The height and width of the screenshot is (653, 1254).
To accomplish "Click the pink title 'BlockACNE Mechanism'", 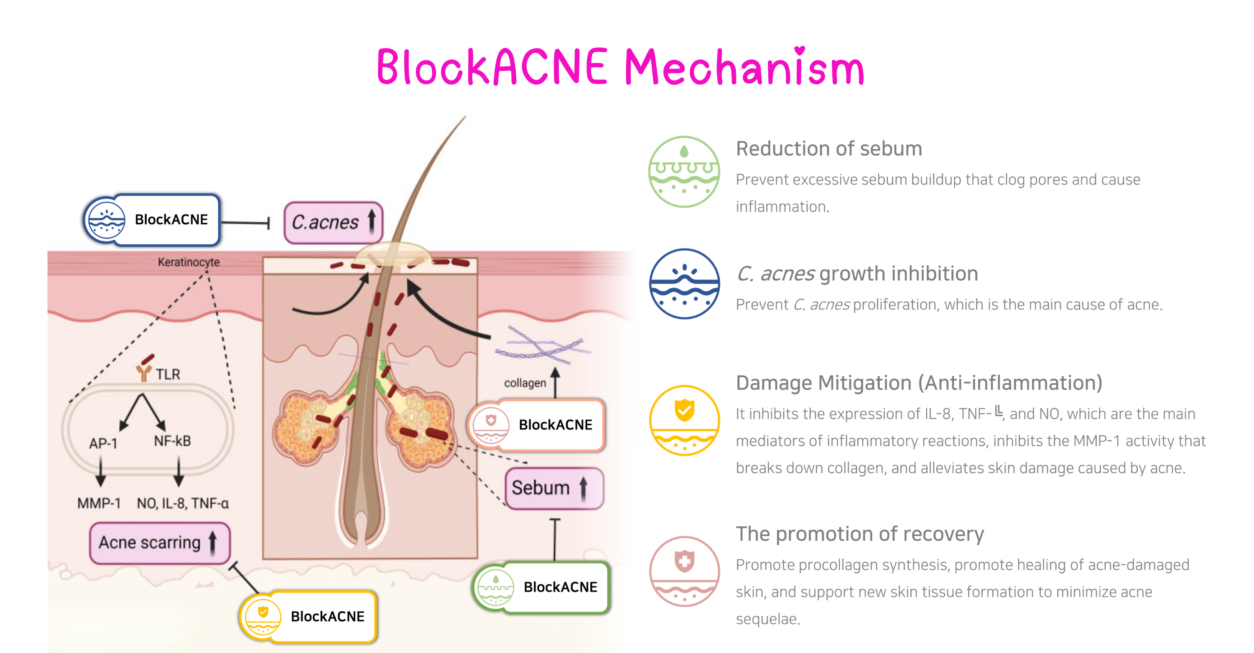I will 620,67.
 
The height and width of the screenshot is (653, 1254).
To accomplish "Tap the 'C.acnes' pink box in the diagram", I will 334,222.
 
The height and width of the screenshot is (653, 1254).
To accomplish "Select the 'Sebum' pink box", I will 554,488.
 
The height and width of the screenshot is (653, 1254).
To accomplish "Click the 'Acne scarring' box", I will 159,543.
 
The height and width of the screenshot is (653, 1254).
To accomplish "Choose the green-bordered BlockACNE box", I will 542,587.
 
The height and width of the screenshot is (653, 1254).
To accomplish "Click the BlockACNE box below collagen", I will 536,425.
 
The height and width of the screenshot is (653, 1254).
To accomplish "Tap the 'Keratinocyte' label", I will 189,262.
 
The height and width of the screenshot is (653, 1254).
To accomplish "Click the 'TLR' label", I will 168,374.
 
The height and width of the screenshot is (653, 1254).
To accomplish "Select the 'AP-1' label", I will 103,443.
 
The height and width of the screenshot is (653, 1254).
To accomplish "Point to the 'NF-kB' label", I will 172,441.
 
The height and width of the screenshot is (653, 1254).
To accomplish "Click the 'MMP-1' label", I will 99,503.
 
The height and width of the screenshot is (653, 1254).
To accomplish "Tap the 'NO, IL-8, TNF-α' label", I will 183,503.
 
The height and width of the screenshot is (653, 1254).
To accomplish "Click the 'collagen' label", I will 525,383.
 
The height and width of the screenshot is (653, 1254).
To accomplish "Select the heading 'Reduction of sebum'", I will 828,148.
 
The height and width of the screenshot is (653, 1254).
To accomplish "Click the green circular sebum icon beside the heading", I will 684,172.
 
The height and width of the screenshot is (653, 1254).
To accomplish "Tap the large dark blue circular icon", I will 684,284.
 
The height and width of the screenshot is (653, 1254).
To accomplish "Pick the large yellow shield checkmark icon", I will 684,420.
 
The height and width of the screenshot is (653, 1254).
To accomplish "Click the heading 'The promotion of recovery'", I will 859,534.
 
